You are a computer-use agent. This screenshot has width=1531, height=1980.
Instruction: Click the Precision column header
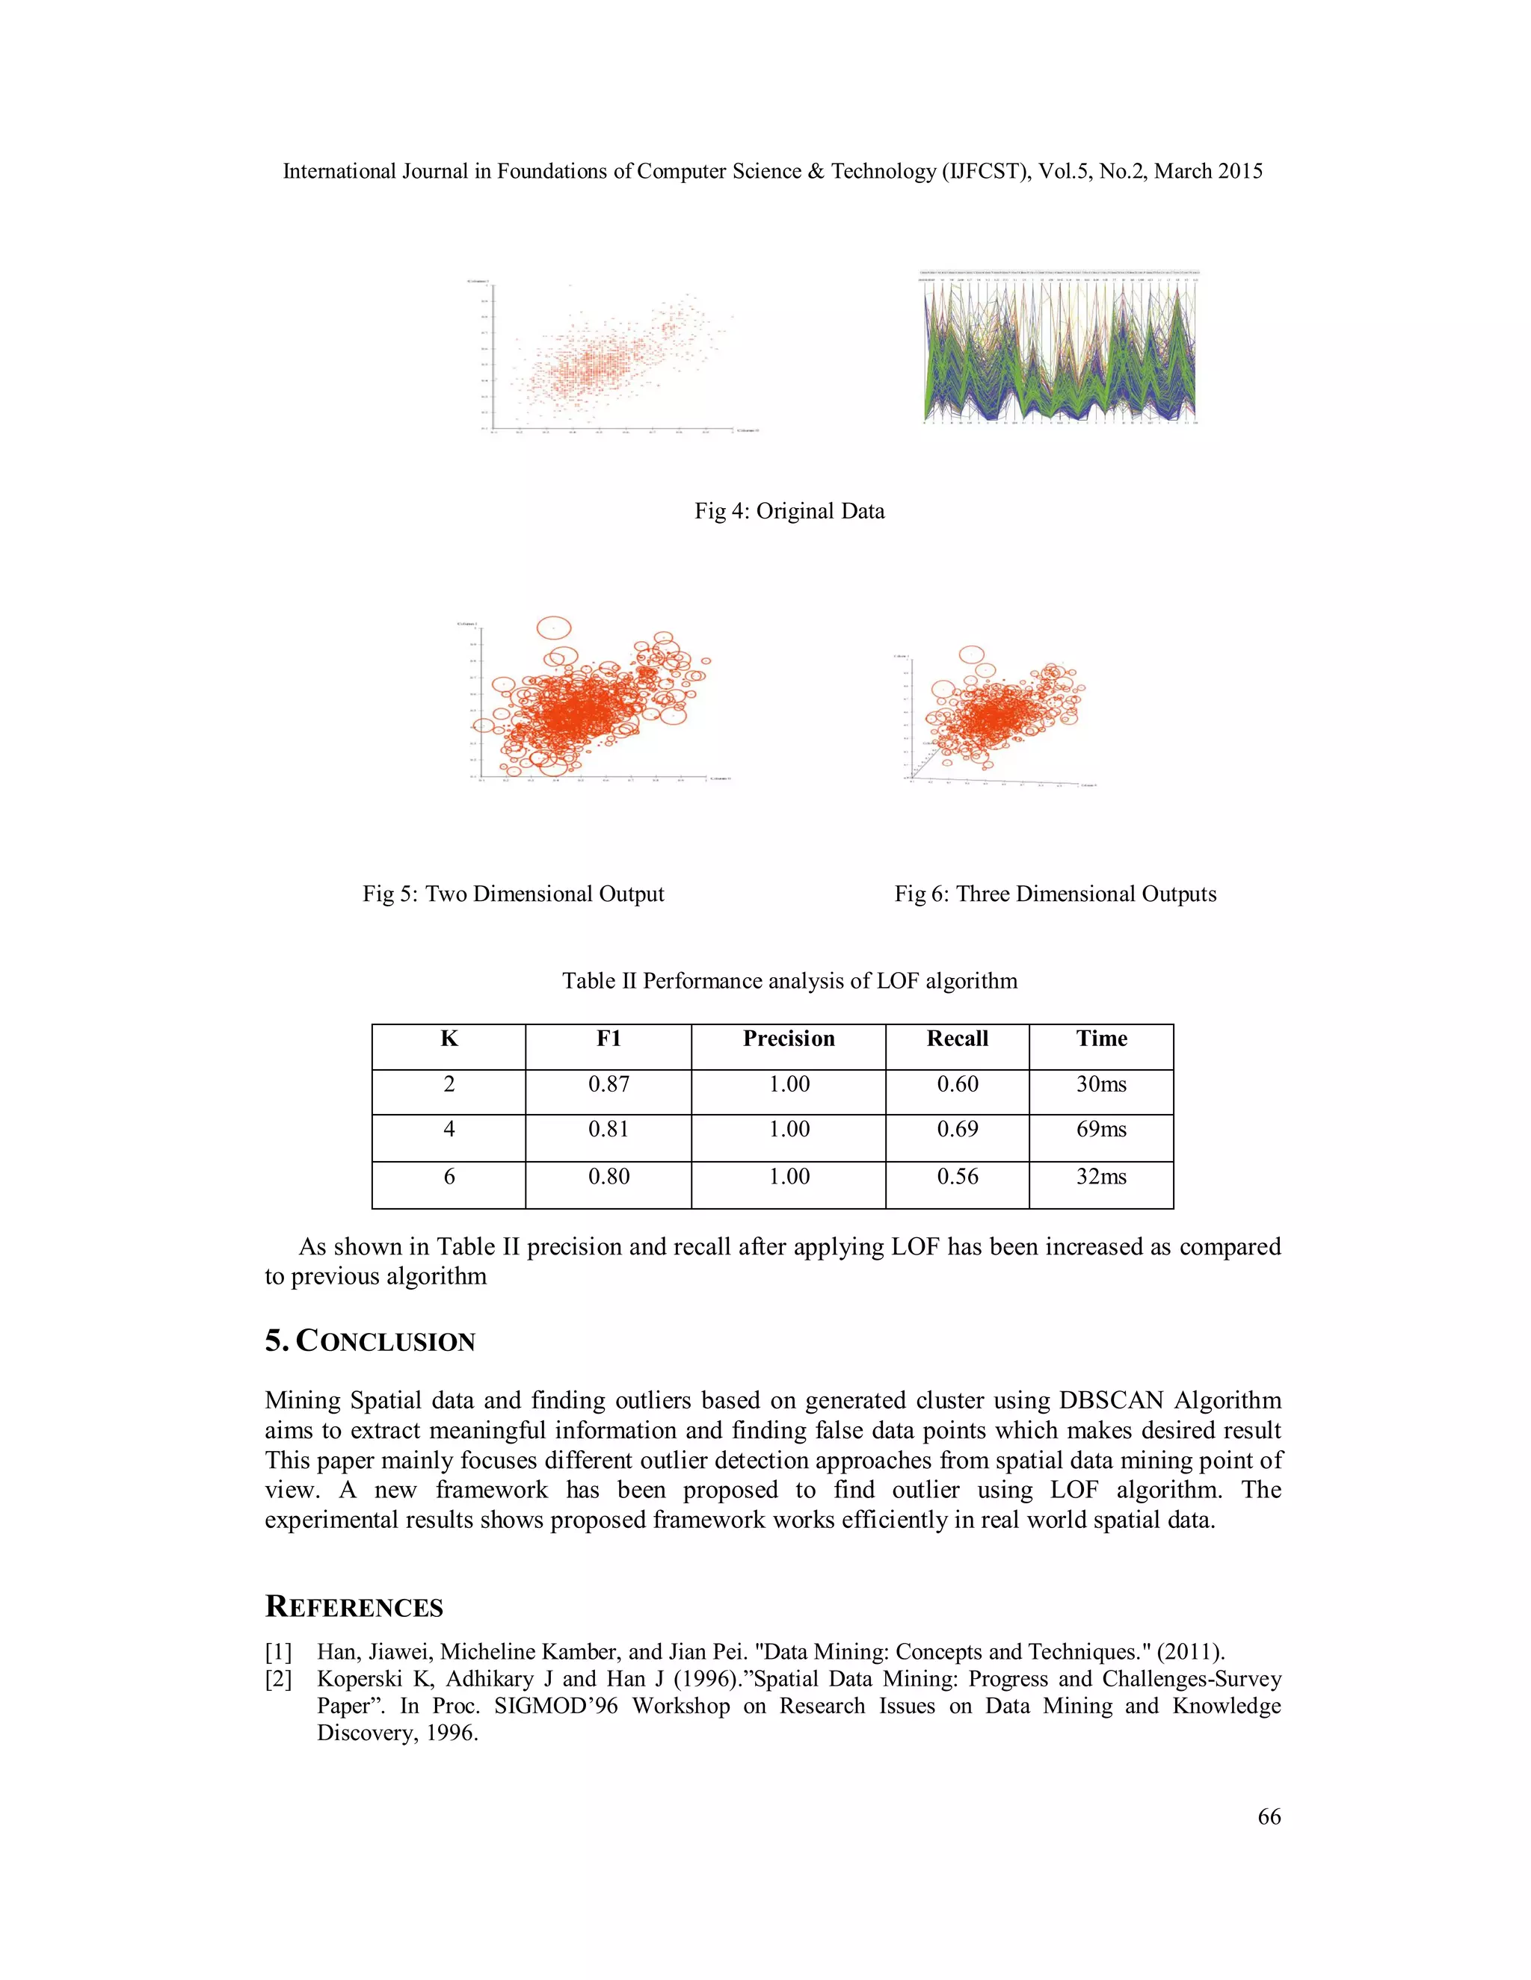(x=788, y=1039)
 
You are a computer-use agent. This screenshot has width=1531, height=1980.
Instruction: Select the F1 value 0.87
(x=609, y=1084)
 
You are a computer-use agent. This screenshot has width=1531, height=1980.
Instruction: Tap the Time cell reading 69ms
(x=1101, y=1130)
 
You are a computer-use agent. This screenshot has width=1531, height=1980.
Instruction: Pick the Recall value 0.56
(x=957, y=1177)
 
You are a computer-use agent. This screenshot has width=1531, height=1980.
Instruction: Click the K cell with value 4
(x=449, y=1130)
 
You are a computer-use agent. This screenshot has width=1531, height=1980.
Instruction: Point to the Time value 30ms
(x=1101, y=1084)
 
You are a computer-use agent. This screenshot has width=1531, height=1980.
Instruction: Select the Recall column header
(x=957, y=1039)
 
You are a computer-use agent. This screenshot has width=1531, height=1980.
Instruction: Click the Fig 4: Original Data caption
(x=789, y=511)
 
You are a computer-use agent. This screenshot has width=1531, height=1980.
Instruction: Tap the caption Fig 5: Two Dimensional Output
(x=514, y=894)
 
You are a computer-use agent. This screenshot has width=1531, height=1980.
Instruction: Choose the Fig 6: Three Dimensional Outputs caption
(x=1055, y=894)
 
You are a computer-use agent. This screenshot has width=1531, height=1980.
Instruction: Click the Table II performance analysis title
(x=789, y=981)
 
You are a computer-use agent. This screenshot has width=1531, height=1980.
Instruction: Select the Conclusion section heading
(x=370, y=1341)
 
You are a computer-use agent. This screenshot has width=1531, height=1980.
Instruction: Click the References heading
(x=354, y=1606)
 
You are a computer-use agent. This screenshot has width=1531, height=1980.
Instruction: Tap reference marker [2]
(x=278, y=1679)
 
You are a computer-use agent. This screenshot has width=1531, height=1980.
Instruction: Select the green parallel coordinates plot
(x=1059, y=349)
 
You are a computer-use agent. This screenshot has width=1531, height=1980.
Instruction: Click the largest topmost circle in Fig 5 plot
(x=554, y=628)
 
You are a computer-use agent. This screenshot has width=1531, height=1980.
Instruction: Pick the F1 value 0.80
(x=609, y=1177)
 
